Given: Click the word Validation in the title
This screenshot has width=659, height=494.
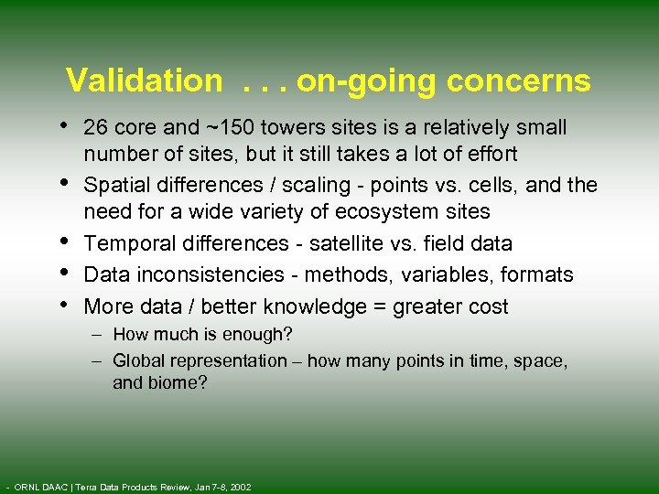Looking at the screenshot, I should point(144,81).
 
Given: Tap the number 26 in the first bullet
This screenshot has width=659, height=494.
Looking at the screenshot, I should point(95,127).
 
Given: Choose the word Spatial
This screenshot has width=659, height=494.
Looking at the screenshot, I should point(114,185).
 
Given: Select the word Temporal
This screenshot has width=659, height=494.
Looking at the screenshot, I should point(125,243).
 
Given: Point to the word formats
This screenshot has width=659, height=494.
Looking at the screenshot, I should point(540,274).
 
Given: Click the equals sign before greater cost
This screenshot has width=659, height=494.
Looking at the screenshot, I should point(379,307).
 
